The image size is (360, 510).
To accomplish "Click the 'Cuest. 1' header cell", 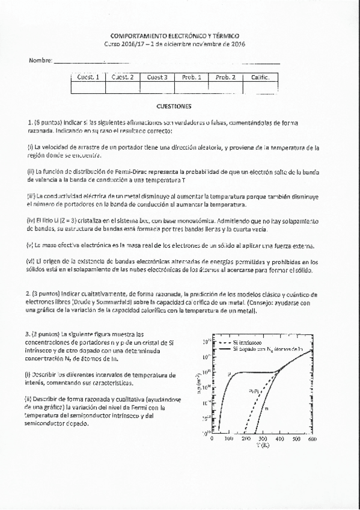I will [x=88, y=78].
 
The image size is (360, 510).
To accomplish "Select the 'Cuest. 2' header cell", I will [x=123, y=78].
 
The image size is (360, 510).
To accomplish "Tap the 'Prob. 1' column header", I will [x=191, y=78].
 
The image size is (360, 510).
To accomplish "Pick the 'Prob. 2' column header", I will [x=225, y=78].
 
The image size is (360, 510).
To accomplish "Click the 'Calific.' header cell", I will [x=260, y=78].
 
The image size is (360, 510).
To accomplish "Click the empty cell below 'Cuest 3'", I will [x=157, y=88].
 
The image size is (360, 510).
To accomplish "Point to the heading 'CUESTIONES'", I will [x=173, y=106].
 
